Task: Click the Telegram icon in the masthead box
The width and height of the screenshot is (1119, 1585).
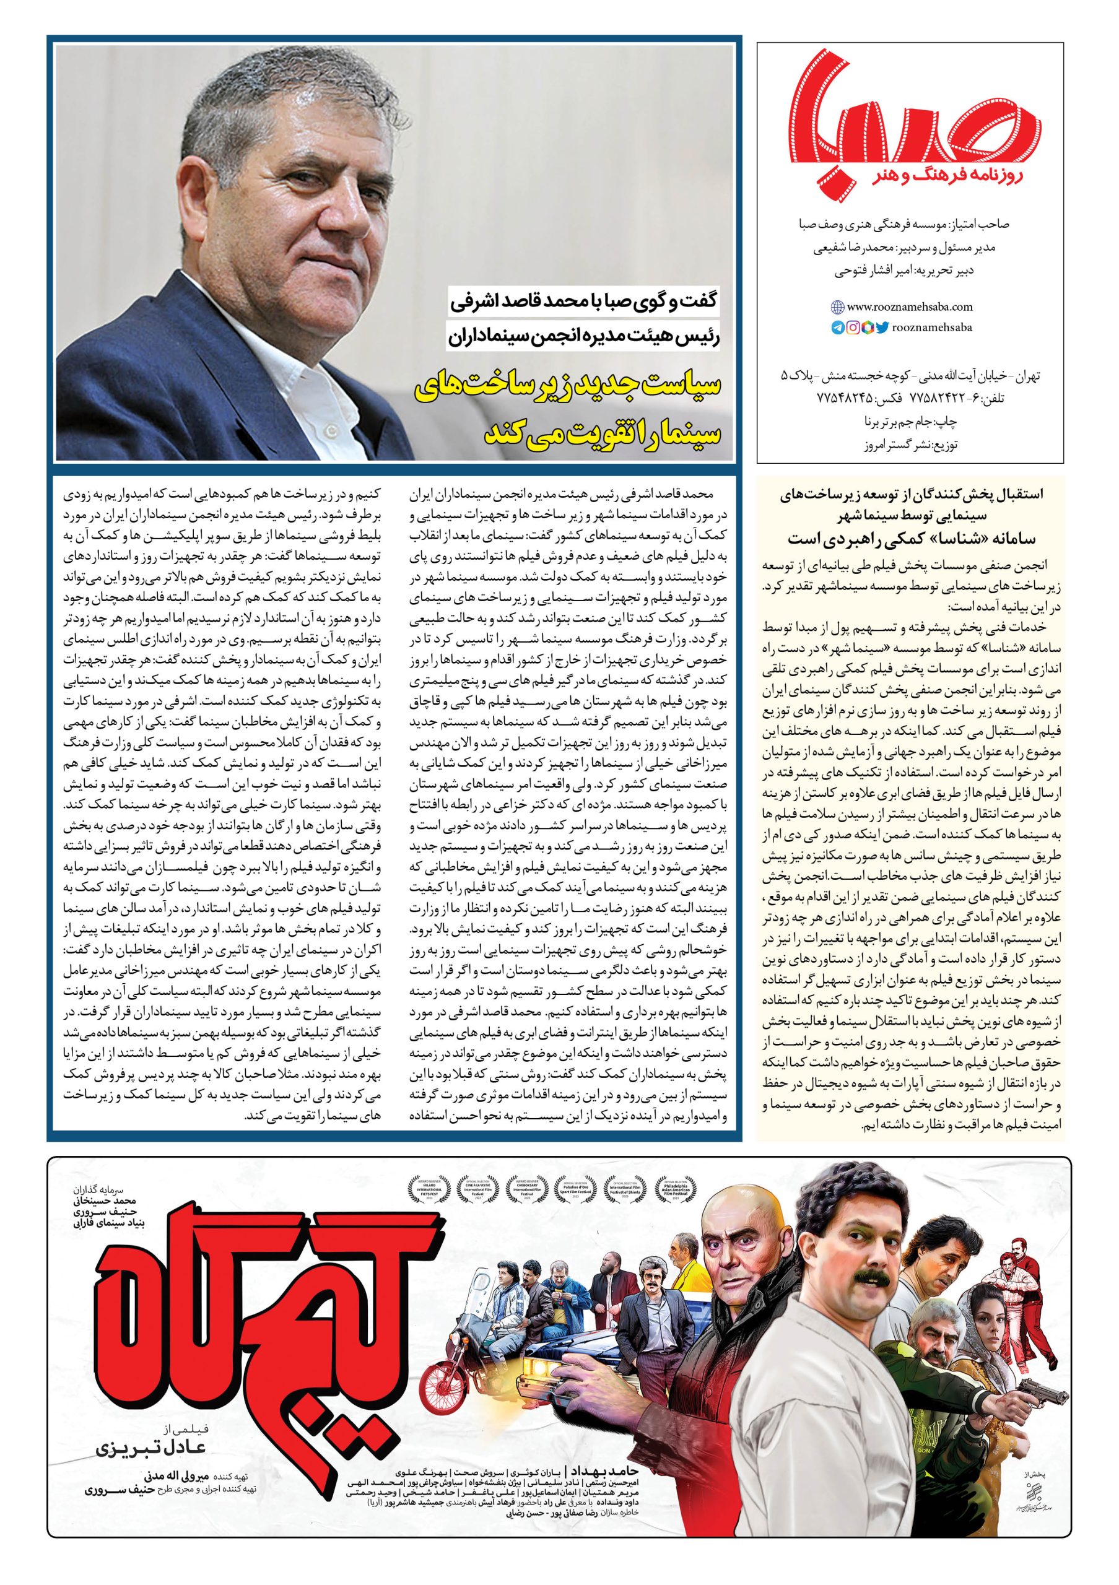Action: click(837, 328)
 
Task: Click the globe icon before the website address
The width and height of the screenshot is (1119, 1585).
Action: click(837, 306)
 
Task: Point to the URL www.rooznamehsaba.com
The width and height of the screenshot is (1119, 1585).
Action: click(900, 306)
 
